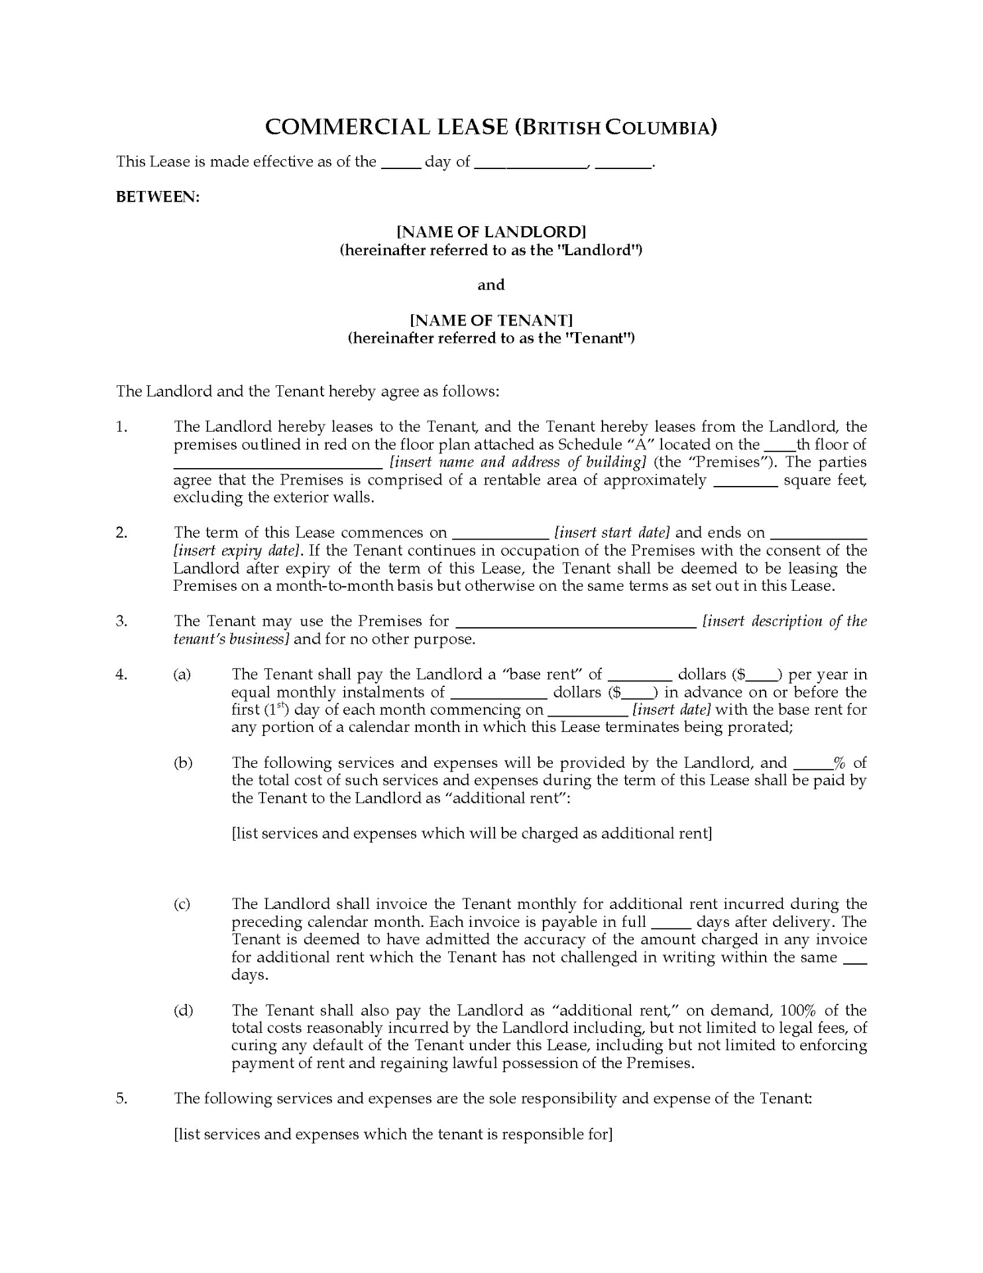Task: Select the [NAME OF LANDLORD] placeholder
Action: [x=491, y=232]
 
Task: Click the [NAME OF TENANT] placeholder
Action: [x=491, y=320]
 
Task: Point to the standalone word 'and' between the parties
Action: [x=491, y=285]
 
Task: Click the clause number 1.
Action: [x=122, y=427]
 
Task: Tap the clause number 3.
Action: [x=122, y=621]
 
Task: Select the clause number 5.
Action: [x=122, y=1099]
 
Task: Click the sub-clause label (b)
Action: [x=183, y=763]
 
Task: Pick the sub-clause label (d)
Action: [x=183, y=1010]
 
